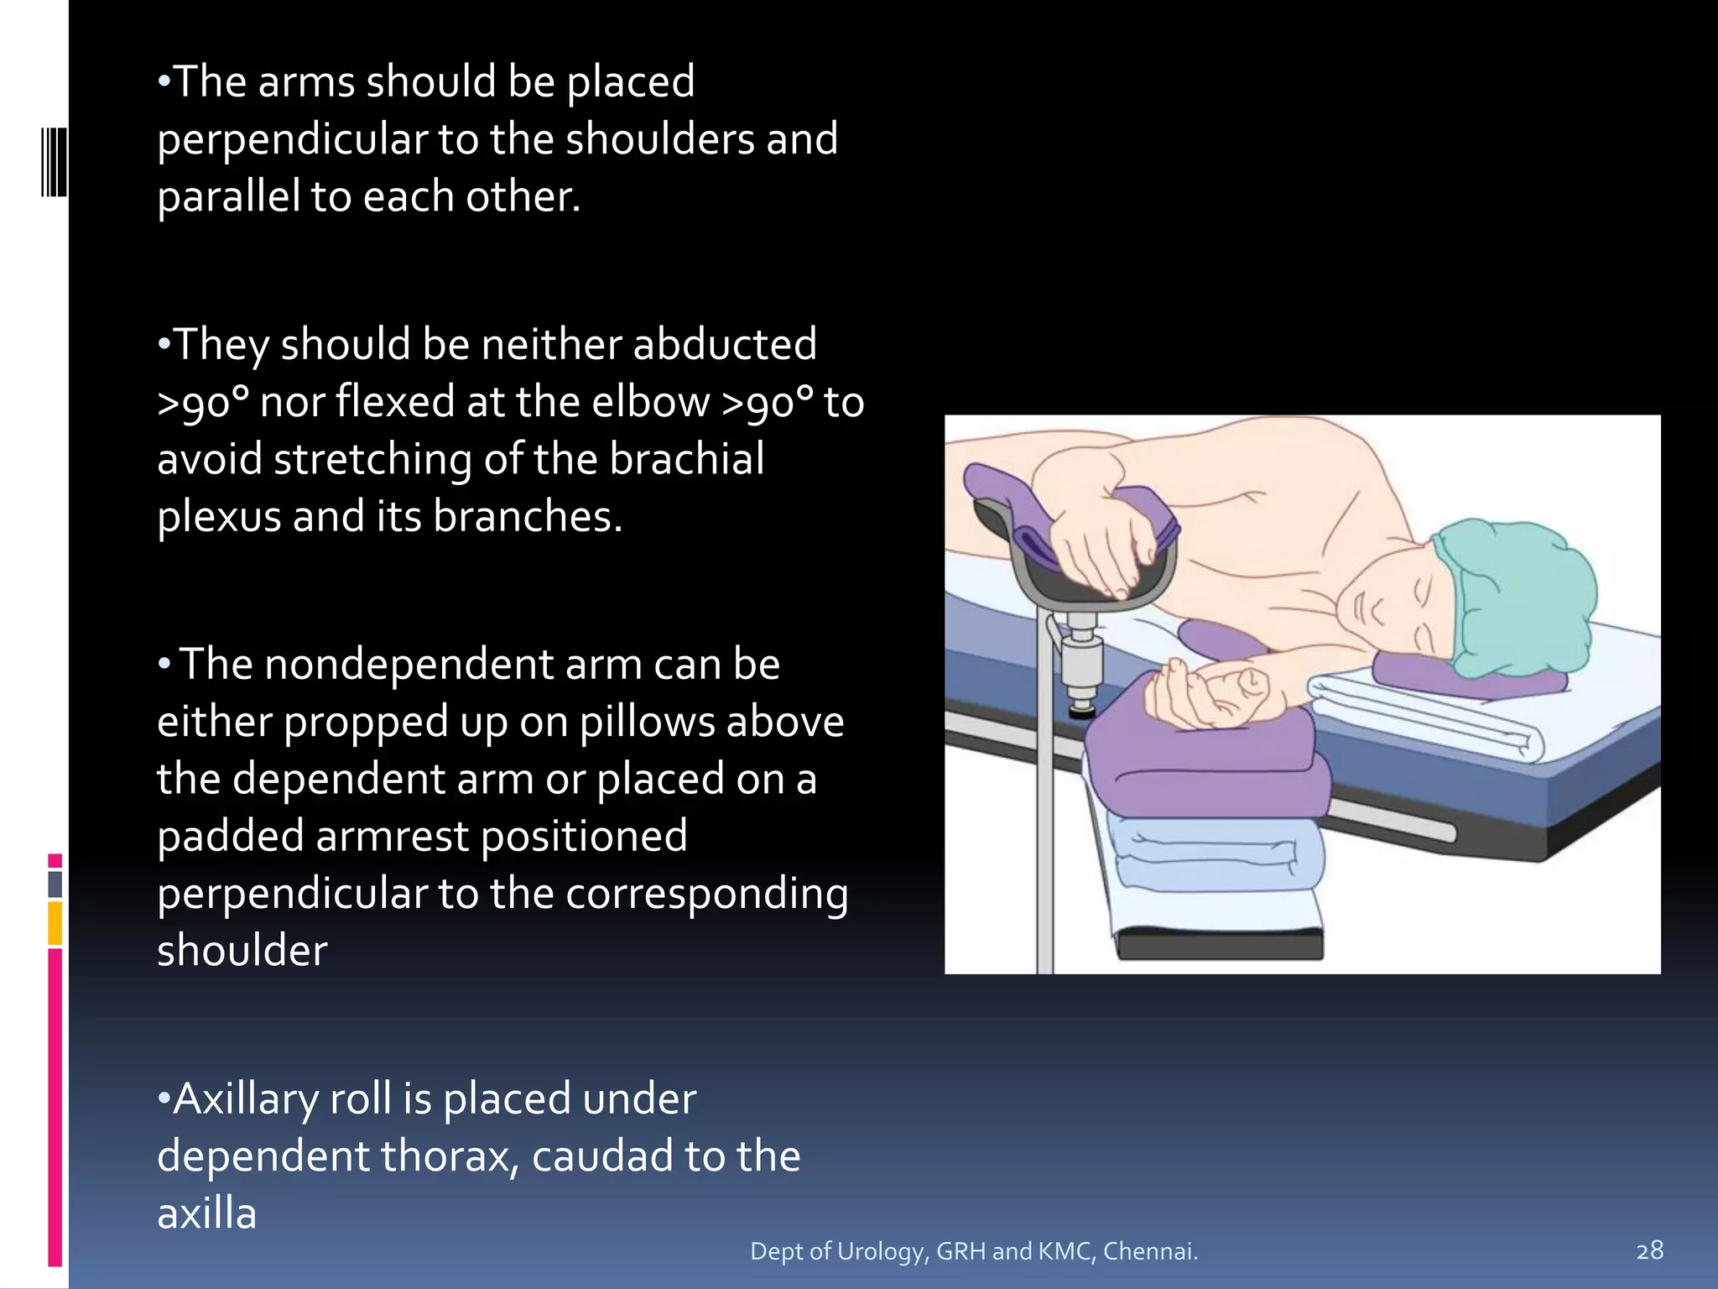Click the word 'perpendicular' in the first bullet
[x=292, y=140]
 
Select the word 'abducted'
[x=724, y=345]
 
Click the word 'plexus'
[x=218, y=517]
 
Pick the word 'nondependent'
[x=408, y=665]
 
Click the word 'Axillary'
[x=245, y=1099]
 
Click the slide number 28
[x=1649, y=1250]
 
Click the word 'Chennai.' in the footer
[x=1150, y=1251]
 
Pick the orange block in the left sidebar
[x=55, y=922]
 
